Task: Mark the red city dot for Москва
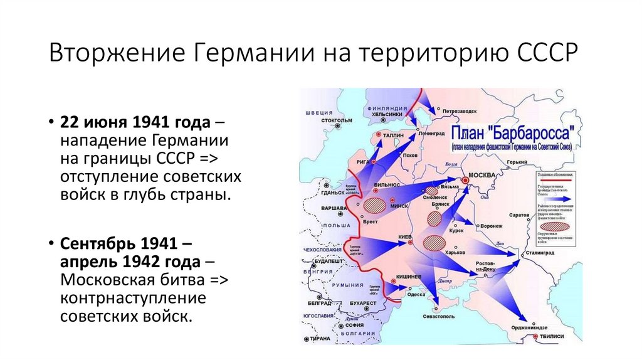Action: click(466, 181)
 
